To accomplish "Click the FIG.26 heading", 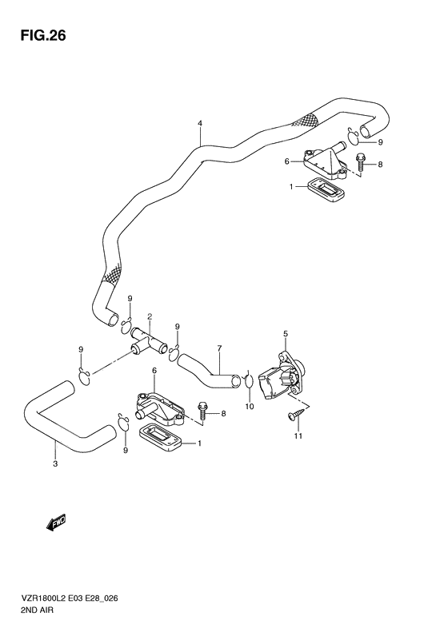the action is coord(42,36).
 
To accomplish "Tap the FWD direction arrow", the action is coord(56,522).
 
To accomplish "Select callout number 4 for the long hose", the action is coord(200,123).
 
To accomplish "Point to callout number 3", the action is coord(55,463).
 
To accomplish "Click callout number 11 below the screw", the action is coord(298,435).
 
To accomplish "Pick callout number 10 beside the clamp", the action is coord(250,406).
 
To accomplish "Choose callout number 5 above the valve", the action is coord(286,334).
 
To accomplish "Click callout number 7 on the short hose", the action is coord(219,348).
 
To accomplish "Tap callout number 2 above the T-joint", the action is coord(150,317).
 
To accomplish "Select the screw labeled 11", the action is coord(296,415).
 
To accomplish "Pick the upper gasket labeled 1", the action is coord(326,191).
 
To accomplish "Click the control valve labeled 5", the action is coord(283,376).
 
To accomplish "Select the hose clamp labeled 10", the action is coord(249,381).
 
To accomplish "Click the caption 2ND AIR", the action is coord(36,610).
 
